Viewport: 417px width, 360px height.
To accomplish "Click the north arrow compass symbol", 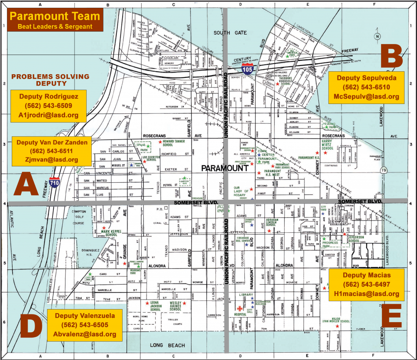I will pyautogui.click(x=378, y=37).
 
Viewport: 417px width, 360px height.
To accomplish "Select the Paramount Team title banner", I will pyautogui.click(x=55, y=20).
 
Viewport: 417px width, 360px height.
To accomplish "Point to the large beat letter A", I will pyautogui.click(x=26, y=185).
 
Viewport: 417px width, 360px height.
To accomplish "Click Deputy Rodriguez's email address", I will pyautogui.click(x=48, y=115).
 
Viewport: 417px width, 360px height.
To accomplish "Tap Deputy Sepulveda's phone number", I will pyautogui.click(x=367, y=87).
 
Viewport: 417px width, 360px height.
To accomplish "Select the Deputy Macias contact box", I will pyautogui.click(x=367, y=284).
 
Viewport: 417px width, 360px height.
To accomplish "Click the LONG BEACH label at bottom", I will pyautogui.click(x=167, y=345).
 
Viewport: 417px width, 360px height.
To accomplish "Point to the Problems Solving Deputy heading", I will pyautogui.click(x=50, y=80).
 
